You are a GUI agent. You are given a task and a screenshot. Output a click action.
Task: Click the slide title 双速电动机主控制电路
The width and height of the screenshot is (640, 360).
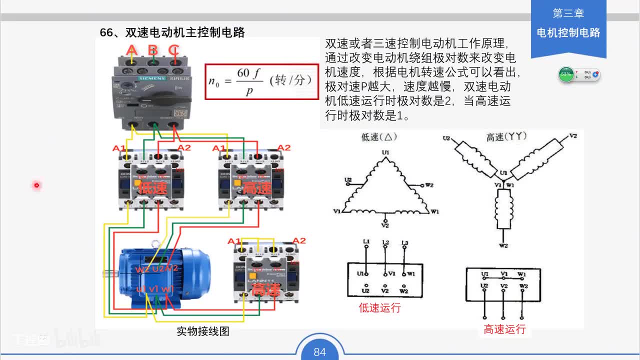point(172,33)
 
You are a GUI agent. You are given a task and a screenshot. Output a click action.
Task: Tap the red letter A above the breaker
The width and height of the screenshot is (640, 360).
point(131,50)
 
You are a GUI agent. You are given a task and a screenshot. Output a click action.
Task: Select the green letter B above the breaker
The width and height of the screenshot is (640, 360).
point(153,50)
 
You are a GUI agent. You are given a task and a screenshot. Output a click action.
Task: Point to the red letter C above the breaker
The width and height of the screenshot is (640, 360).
point(173,50)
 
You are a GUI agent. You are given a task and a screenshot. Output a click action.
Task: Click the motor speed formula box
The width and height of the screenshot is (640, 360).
point(261,81)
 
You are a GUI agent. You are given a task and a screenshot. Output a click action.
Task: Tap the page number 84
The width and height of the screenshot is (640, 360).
point(319,352)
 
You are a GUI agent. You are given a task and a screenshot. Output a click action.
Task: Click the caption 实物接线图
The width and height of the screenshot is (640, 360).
point(202,331)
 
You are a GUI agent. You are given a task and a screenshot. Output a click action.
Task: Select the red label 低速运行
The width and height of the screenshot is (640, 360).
point(379,308)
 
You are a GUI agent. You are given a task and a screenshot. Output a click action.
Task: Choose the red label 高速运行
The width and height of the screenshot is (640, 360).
point(504,329)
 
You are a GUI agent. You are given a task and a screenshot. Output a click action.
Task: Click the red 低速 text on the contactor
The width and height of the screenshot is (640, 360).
point(152,188)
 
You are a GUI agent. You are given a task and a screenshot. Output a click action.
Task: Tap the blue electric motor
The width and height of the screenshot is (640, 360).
point(160,277)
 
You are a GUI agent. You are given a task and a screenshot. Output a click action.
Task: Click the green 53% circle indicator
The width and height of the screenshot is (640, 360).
point(566,74)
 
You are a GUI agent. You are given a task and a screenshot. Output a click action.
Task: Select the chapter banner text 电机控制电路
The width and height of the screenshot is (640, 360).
point(568,33)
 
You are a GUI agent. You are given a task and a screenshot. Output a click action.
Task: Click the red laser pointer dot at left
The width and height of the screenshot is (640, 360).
point(36,185)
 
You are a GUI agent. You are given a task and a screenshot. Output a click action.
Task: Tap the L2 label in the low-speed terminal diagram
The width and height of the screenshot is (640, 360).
point(385,243)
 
